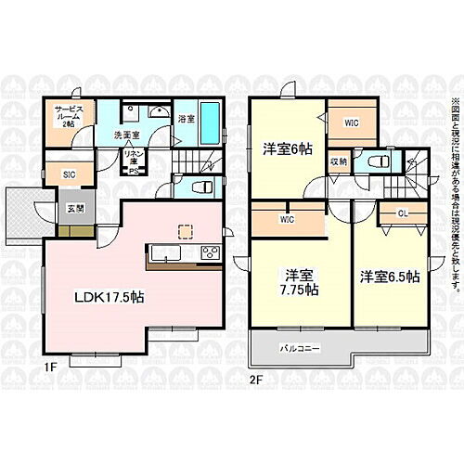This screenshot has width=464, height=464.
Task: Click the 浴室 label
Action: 186,119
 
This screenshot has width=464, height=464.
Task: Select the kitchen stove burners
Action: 210,252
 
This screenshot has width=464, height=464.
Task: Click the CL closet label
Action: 403,213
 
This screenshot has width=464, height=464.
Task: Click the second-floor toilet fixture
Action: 378,161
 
